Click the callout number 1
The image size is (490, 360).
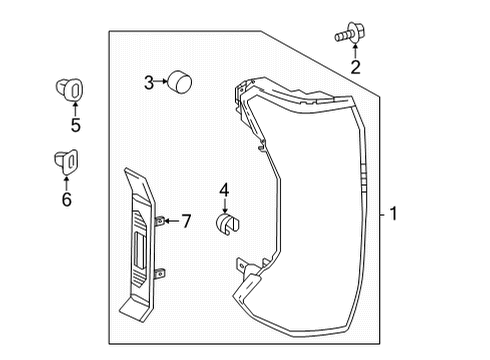coord(396,214)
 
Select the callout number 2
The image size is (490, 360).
coord(354,68)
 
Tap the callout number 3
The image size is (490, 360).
coord(148,83)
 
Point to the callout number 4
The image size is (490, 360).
coord(224,188)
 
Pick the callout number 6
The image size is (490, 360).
coord(66,199)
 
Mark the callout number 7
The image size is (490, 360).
coord(186,220)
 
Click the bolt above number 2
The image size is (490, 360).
coord(347,35)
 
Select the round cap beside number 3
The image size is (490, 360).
coord(179,81)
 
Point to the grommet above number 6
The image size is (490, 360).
coord(65,160)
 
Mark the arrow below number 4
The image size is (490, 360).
coord(225,203)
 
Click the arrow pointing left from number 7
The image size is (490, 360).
coord(170,220)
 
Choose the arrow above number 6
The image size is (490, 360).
coord(66,180)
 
